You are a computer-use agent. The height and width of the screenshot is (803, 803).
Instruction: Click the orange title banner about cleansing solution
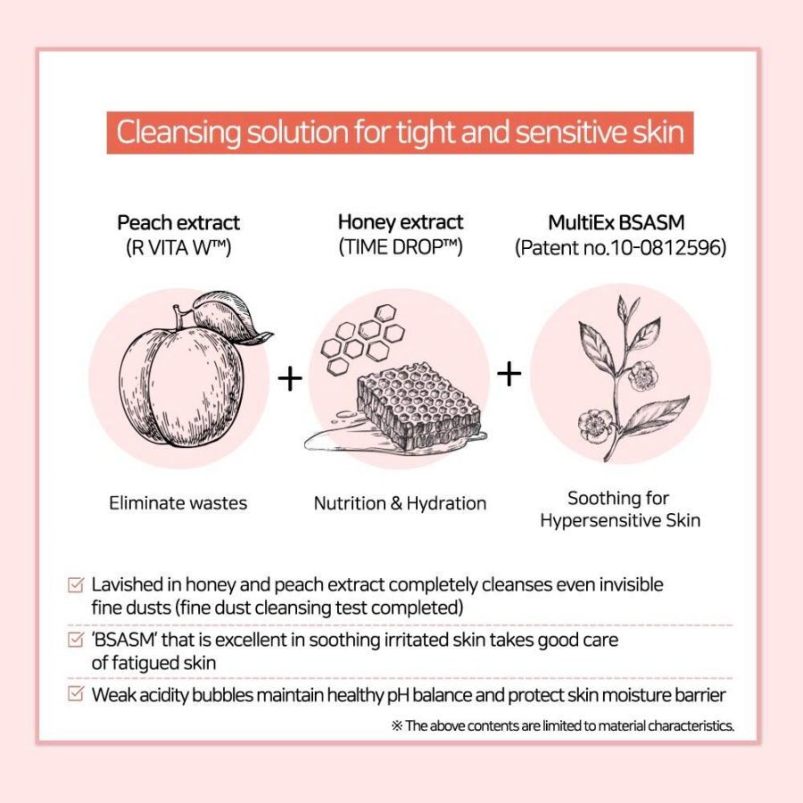pyautogui.click(x=400, y=132)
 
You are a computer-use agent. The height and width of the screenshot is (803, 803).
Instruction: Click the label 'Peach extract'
pyautogui.click(x=178, y=223)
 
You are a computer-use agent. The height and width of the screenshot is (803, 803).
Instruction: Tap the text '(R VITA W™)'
pyautogui.click(x=178, y=248)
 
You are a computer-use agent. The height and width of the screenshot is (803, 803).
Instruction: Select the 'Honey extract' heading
pyautogui.click(x=401, y=222)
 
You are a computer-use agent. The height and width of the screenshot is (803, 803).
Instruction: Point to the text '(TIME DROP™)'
pyautogui.click(x=401, y=247)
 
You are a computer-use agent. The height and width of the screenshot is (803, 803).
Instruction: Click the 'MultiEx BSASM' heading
pyautogui.click(x=616, y=223)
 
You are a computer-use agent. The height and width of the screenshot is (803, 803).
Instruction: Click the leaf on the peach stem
pyautogui.click(x=231, y=317)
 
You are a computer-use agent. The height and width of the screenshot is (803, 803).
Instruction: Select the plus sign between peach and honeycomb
pyautogui.click(x=290, y=379)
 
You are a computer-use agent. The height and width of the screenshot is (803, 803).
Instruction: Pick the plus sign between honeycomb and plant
pyautogui.click(x=509, y=374)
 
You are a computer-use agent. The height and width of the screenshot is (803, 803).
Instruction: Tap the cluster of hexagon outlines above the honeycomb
pyautogui.click(x=363, y=338)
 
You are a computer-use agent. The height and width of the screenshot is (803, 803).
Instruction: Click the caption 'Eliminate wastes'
pyautogui.click(x=178, y=503)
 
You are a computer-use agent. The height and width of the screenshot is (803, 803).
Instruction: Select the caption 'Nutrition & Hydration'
pyautogui.click(x=400, y=503)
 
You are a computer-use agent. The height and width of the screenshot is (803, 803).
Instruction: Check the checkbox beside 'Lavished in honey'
pyautogui.click(x=75, y=584)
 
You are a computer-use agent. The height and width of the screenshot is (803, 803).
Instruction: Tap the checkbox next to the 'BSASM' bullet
pyautogui.click(x=75, y=639)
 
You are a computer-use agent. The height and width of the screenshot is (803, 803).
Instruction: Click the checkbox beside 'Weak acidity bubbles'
pyautogui.click(x=75, y=694)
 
